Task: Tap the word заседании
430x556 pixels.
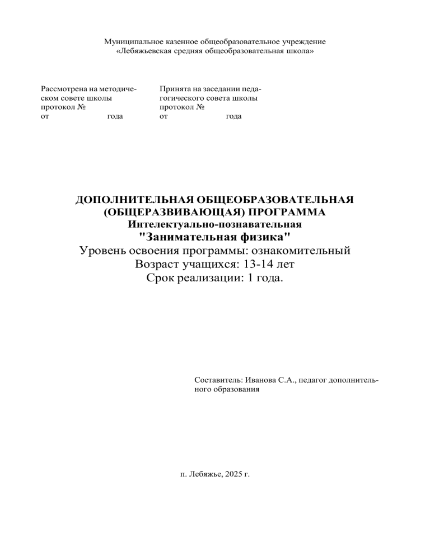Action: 218,89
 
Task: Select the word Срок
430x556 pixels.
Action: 160,277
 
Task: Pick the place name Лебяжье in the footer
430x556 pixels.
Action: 202,474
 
